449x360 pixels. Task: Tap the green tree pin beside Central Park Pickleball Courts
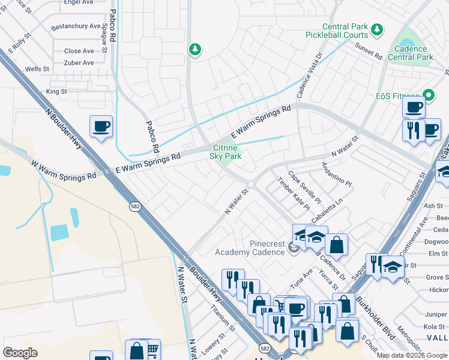coord(377,29)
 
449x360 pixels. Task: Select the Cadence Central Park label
coord(411,53)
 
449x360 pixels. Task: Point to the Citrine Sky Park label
coord(225,152)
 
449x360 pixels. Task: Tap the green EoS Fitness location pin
coord(429,95)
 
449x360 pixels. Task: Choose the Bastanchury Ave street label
coord(76,26)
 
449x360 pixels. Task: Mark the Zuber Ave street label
coord(79,63)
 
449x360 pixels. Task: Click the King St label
coord(56,92)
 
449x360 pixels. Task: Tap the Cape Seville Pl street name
coord(305,187)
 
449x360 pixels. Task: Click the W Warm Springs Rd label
coord(64,170)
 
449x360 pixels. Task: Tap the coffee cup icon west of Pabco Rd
coord(101,127)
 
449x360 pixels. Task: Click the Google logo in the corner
coord(20,353)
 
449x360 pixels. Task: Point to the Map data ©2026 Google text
coord(412,355)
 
